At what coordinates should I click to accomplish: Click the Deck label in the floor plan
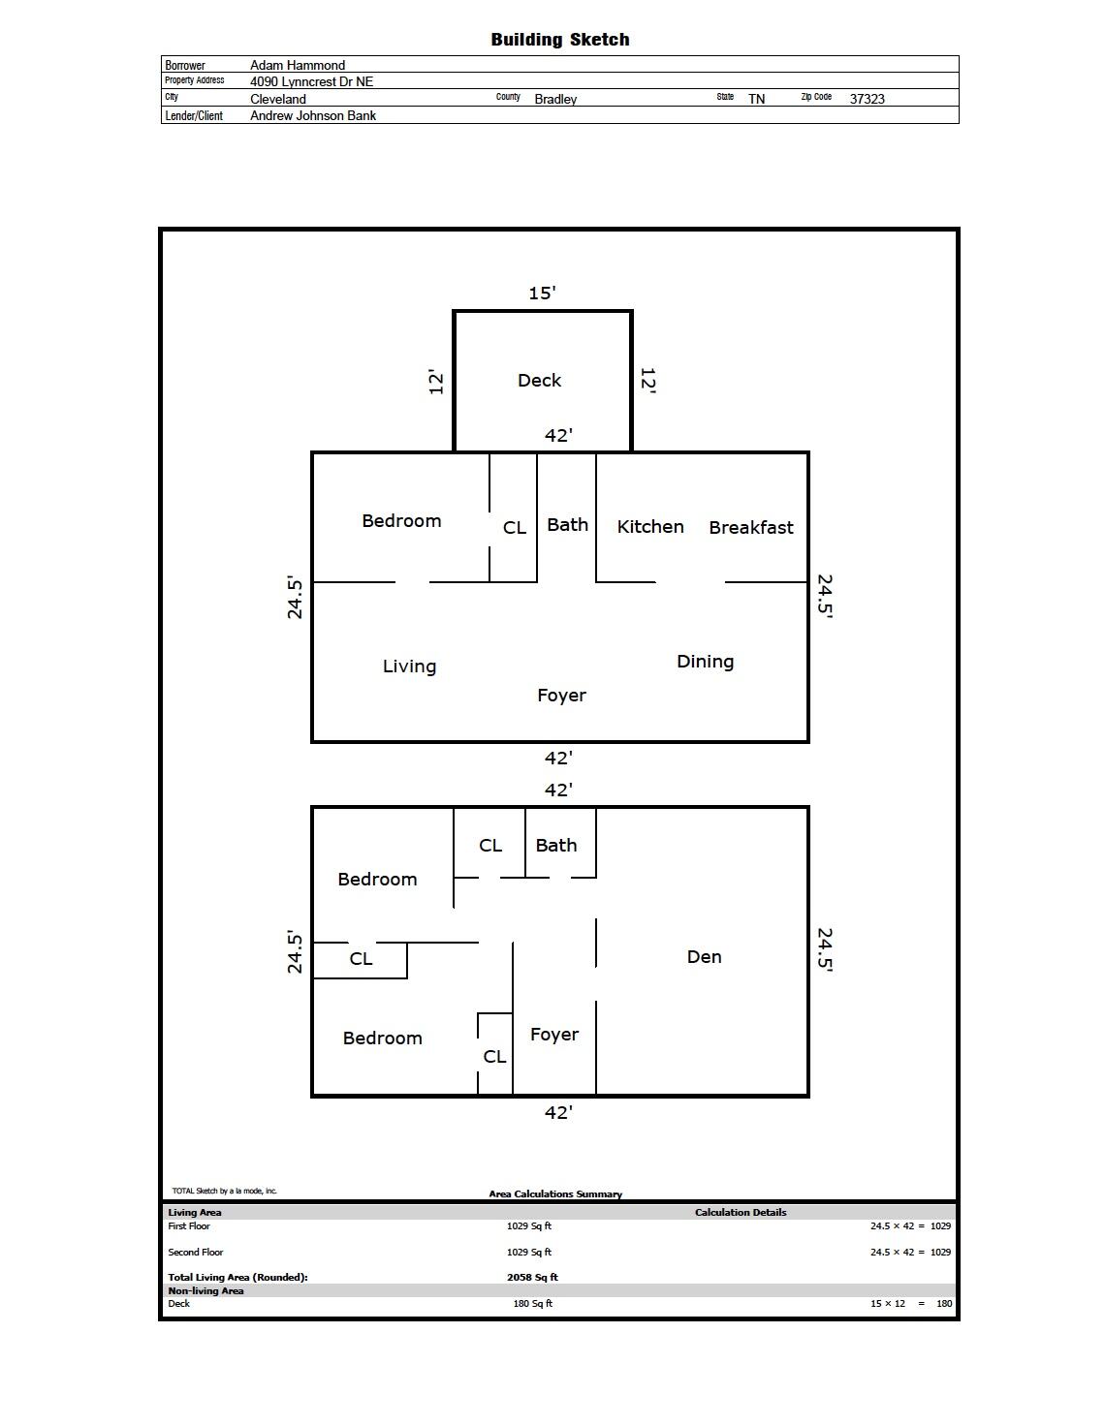tap(539, 381)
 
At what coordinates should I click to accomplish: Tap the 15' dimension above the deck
tap(542, 293)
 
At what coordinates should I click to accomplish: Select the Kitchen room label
tap(650, 526)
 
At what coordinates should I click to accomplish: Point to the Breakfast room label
tap(751, 527)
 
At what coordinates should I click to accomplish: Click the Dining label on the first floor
tap(705, 662)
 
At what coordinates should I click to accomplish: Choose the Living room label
tap(409, 666)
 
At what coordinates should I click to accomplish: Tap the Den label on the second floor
tap(704, 957)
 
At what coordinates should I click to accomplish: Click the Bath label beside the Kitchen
tap(567, 524)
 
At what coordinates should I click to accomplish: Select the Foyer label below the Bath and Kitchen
tap(561, 696)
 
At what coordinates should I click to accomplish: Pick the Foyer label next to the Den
tap(554, 1035)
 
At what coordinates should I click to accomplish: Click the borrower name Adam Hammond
tap(298, 65)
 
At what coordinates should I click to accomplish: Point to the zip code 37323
tap(867, 99)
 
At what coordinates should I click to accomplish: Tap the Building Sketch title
tap(560, 40)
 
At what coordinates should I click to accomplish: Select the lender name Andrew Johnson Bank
tap(312, 115)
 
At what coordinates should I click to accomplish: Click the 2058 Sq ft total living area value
tap(532, 1277)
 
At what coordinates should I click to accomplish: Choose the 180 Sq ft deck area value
tap(532, 1303)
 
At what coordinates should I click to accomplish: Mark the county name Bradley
tap(555, 99)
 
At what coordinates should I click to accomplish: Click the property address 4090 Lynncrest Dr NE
tap(311, 81)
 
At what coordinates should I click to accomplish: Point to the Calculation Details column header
tap(741, 1212)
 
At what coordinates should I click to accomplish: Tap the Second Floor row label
tap(195, 1252)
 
